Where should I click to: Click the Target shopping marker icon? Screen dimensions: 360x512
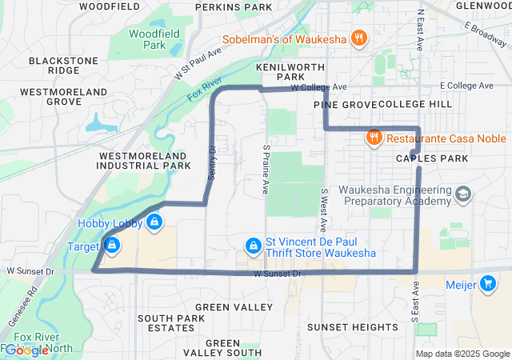tap(113, 244)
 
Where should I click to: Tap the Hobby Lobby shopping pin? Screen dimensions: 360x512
tap(154, 222)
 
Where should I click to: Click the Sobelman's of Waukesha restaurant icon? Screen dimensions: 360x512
tap(359, 38)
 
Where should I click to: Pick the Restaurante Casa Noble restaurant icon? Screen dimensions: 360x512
tap(373, 138)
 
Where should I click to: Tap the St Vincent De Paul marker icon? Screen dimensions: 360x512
tap(253, 244)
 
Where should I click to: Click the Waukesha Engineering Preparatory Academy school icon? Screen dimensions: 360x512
tap(462, 194)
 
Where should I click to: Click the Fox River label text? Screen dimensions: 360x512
tap(204, 89)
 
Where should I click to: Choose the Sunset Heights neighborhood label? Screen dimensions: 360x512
tap(353, 327)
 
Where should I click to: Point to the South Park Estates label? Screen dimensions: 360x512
tap(172, 322)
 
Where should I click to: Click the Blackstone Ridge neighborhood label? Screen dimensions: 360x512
tap(64, 65)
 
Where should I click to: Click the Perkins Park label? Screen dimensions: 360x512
tap(234, 7)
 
